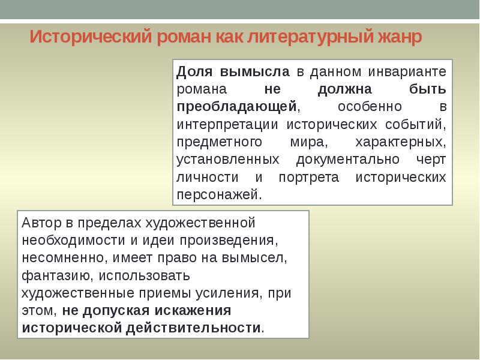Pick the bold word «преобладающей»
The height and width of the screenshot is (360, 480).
click(x=237, y=107)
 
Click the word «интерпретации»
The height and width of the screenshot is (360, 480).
click(x=227, y=125)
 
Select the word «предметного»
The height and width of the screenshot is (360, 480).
click(x=220, y=143)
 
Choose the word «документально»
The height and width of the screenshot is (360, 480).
click(x=349, y=160)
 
